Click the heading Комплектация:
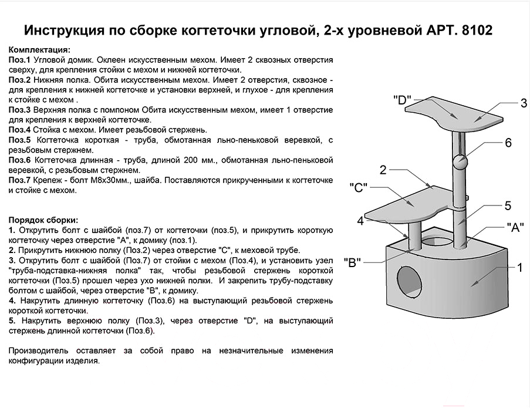click(39, 50)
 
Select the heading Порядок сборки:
click(43, 220)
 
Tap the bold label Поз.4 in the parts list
click(19, 130)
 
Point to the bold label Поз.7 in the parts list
click(19, 180)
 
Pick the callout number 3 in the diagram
click(524, 103)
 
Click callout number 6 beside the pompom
click(508, 143)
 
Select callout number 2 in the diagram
click(383, 170)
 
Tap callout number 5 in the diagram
click(508, 205)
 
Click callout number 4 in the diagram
click(360, 221)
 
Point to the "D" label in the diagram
click(403, 100)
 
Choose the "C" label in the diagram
click(358, 187)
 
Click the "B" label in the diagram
click(352, 262)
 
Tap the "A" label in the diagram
click(515, 227)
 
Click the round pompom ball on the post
click(460, 162)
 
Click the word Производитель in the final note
click(38, 351)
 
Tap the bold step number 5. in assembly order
click(12, 321)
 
